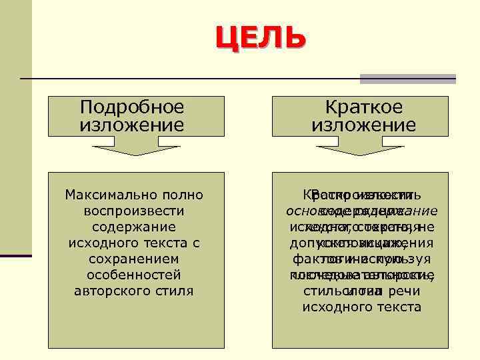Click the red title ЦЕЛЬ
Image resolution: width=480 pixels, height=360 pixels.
(x=261, y=39)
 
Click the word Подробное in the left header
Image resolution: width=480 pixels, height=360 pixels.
(x=131, y=107)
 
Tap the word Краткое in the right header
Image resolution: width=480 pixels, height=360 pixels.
(x=363, y=107)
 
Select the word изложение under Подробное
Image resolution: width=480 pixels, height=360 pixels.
(x=131, y=125)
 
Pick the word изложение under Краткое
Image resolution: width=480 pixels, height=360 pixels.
(x=363, y=125)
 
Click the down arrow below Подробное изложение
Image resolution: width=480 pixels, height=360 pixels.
(x=135, y=149)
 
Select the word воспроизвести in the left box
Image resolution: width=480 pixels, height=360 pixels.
(x=134, y=211)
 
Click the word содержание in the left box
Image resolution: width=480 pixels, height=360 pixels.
(x=134, y=227)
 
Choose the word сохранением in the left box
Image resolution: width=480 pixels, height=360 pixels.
(x=134, y=259)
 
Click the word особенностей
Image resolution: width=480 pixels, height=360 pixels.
(x=134, y=275)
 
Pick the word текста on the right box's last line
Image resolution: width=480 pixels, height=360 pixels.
(x=398, y=307)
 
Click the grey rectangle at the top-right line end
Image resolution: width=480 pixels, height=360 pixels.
(x=407, y=79)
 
